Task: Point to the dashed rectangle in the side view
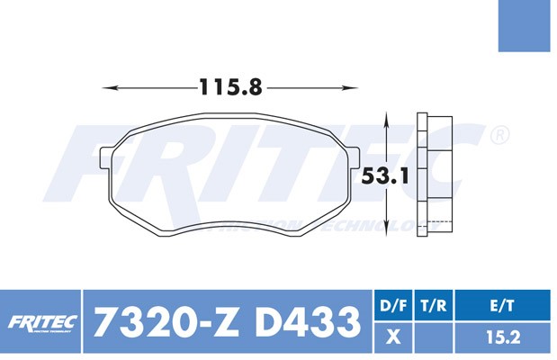click(x=437, y=225)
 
